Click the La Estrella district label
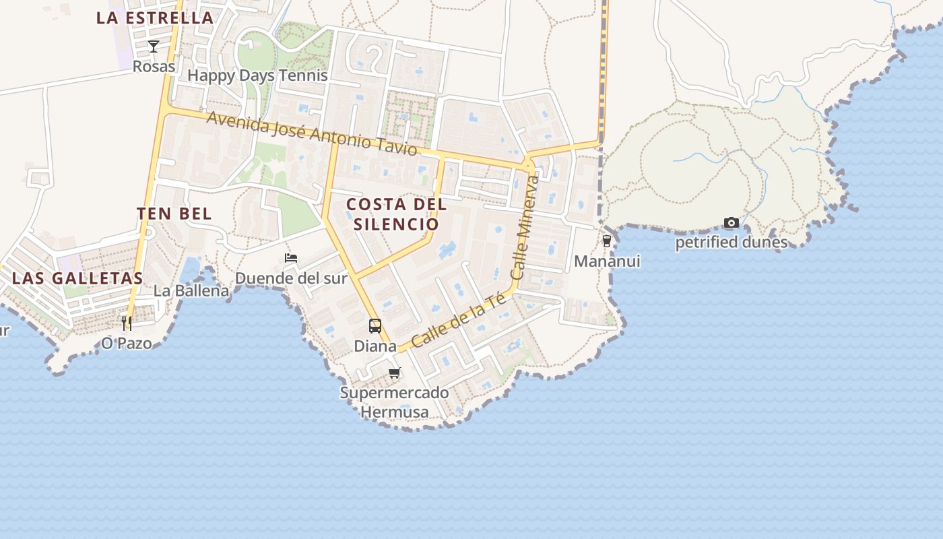click(x=155, y=18)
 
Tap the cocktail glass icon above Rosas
click(x=154, y=46)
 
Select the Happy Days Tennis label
click(x=257, y=75)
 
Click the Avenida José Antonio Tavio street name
click(x=312, y=133)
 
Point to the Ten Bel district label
click(x=174, y=214)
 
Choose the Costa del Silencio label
click(x=396, y=214)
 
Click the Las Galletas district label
click(x=77, y=278)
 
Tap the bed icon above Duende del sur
click(x=291, y=258)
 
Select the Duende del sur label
click(x=291, y=278)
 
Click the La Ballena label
click(x=191, y=291)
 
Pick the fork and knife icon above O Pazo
click(x=127, y=323)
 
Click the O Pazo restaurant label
click(x=127, y=343)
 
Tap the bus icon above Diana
click(x=375, y=326)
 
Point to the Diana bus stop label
click(x=375, y=346)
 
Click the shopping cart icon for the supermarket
click(x=395, y=373)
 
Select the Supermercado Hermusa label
click(x=395, y=402)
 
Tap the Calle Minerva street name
click(x=525, y=228)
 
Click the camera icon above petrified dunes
click(x=731, y=222)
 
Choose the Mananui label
click(x=607, y=261)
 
